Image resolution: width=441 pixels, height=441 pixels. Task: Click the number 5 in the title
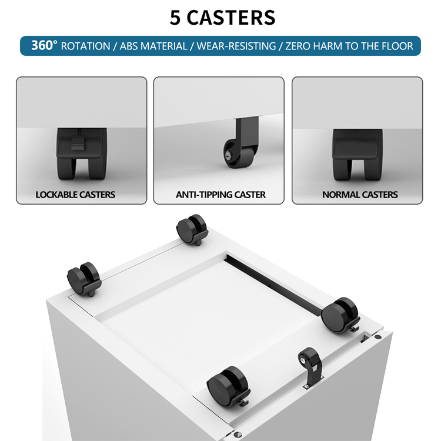point(175,18)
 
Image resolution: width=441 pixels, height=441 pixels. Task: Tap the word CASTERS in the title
point(231,18)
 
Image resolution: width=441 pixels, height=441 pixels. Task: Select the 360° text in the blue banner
point(44,45)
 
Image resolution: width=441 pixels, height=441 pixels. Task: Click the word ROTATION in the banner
point(85,46)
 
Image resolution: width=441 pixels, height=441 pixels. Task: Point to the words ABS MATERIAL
point(153,46)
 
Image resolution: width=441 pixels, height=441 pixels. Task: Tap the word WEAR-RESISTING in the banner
point(236,46)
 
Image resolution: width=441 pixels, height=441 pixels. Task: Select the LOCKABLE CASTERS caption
point(75,195)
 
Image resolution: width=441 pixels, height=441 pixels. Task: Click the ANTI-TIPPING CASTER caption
point(220,195)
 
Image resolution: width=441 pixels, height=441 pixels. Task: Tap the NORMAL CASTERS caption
point(360,195)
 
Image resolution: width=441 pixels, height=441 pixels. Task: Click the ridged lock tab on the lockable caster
point(78,143)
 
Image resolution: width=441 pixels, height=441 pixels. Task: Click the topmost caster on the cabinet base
point(192,229)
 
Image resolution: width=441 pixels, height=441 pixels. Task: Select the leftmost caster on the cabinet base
point(84,279)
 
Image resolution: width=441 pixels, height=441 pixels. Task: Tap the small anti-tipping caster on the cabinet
point(310,367)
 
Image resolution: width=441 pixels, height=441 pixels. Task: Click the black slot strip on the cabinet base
point(274,285)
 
